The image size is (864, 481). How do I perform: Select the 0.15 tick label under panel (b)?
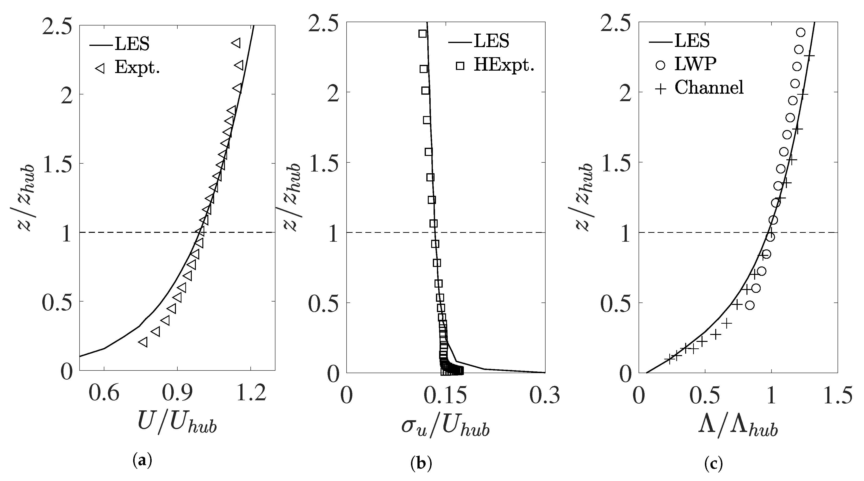point(445,395)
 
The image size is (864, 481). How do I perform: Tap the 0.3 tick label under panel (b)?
point(544,395)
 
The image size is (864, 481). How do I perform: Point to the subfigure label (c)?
point(713,463)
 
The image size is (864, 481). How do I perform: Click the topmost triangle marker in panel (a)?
point(236,43)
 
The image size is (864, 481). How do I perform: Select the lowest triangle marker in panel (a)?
point(143,342)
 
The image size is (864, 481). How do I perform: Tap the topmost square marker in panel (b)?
point(422,34)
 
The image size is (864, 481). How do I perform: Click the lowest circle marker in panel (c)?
point(750,305)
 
